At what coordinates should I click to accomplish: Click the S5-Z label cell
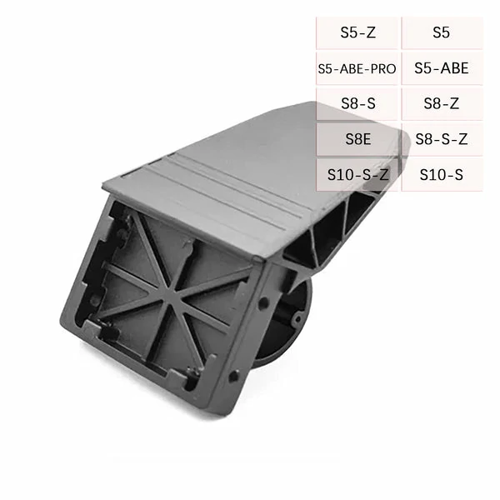(357, 33)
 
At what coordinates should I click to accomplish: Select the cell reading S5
(442, 33)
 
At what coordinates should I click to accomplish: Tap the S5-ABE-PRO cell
(357, 68)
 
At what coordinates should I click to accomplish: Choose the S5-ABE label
(442, 68)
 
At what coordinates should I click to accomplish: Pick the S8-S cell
(357, 103)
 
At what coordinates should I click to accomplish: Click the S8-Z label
(442, 103)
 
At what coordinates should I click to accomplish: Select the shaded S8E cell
(357, 139)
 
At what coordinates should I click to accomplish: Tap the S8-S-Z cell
(442, 139)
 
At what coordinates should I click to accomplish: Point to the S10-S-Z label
(357, 174)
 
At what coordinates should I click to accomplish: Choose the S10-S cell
(442, 174)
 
